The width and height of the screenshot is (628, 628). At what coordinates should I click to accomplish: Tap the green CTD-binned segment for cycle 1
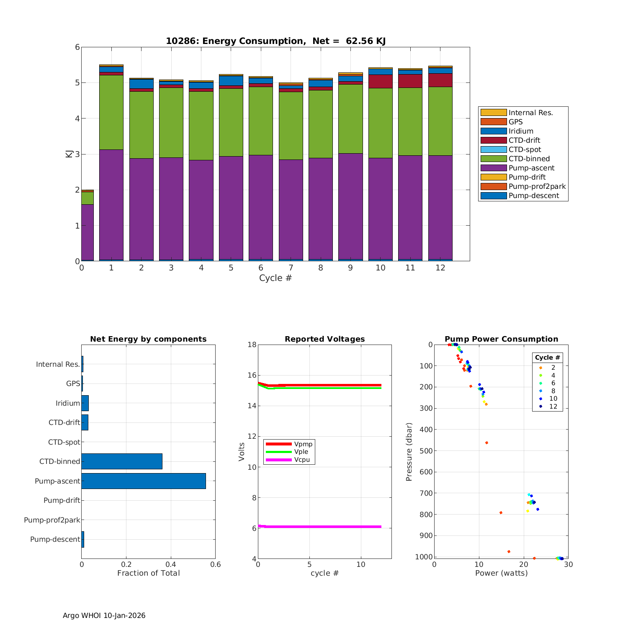point(111,112)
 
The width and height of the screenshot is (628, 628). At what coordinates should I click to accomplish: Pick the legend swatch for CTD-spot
point(494,149)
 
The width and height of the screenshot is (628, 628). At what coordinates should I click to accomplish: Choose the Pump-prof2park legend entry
point(537,186)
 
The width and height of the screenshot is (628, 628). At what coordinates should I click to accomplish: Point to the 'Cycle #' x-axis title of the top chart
point(275,278)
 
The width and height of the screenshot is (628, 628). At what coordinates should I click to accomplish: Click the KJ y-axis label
point(69,154)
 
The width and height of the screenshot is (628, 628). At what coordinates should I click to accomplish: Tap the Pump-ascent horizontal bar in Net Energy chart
point(144,481)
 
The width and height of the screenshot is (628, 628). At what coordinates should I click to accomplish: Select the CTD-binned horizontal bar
point(122,461)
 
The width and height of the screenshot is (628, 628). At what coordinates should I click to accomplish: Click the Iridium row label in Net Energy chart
point(68,403)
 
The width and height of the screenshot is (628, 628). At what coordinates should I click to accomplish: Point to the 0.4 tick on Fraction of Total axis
point(171,564)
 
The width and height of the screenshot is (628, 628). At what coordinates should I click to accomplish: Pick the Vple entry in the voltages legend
point(301,452)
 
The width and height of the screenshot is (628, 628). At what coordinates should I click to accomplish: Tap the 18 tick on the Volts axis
point(252,345)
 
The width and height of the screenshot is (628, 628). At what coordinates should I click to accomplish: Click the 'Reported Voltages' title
point(324,339)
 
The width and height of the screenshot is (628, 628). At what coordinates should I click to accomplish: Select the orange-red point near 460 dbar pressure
point(486,443)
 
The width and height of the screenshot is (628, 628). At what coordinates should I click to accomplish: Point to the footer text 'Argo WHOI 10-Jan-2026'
point(104,615)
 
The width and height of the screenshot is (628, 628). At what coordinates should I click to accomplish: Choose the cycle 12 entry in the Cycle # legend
point(553,407)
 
